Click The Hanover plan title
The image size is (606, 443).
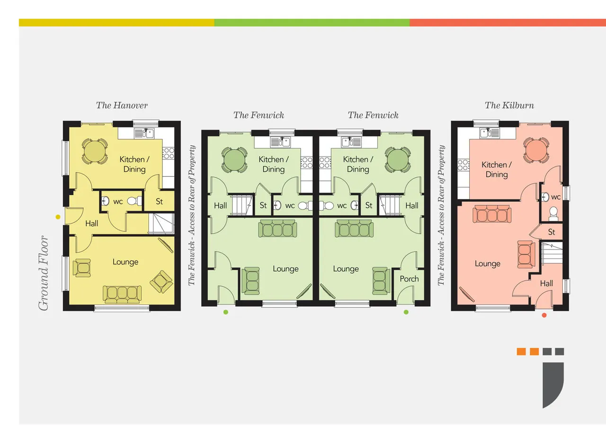pos(122,105)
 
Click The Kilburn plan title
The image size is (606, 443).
pos(509,105)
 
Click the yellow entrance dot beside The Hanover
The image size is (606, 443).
pos(58,217)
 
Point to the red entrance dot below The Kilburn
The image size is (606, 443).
pos(544,315)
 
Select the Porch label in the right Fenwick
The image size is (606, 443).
pos(409,279)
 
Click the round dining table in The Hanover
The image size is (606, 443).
pos(94,152)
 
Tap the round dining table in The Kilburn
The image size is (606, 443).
pos(535,150)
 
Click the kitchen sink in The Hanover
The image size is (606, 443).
pos(144,133)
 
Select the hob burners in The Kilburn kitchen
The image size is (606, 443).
pos(463,165)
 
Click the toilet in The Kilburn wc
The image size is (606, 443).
pos(553,213)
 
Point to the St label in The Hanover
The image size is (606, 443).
pos(159,201)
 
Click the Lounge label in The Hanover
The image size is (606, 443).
pos(125,262)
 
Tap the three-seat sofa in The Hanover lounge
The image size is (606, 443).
pos(122,294)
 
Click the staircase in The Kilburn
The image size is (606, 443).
pos(553,253)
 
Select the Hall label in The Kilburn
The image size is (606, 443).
pos(546,283)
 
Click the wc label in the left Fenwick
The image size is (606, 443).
pos(290,206)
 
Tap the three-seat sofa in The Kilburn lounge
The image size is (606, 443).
pos(492,214)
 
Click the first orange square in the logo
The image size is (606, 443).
pos(521,351)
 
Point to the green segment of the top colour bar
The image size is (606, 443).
pos(312,23)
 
